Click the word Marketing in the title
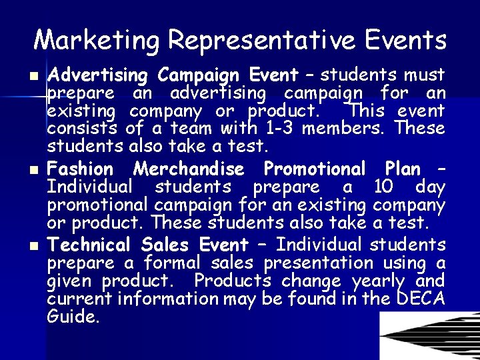tap(97, 40)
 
